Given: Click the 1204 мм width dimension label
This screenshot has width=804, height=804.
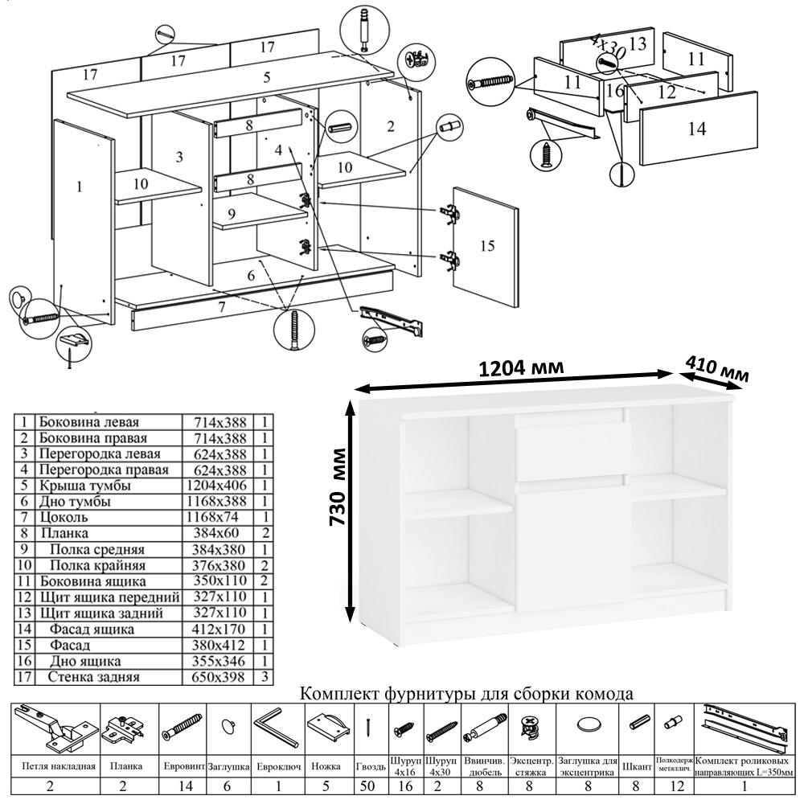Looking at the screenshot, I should pos(520,367).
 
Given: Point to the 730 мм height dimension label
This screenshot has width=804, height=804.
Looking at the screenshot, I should pos(338,486).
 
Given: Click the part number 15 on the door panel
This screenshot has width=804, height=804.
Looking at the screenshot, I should pos(486,245).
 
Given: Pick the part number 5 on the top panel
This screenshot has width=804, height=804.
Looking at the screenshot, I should pos(266,78).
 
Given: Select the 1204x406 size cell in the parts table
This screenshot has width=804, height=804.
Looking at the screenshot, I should pos(215,486).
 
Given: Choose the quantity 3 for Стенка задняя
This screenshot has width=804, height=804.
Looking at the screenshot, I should pos(265,677).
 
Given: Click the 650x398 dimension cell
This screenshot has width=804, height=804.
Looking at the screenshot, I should pos(215,677).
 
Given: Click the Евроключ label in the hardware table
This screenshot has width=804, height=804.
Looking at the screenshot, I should pos(277,766).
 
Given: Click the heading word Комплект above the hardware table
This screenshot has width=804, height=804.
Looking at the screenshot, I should pos(341,693).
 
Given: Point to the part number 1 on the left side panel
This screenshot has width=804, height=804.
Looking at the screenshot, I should pos(79,187).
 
